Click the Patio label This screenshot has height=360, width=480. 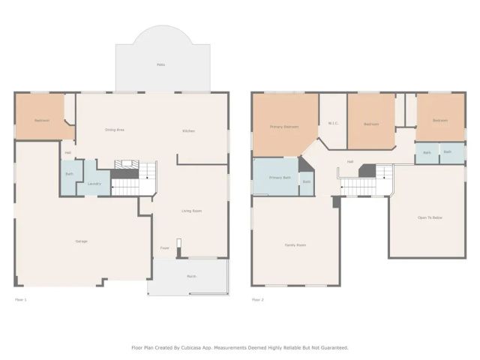[x=160, y=64]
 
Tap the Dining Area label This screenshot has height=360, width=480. [x=114, y=130]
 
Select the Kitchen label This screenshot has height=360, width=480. [x=188, y=131]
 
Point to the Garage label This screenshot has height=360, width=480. [x=81, y=241]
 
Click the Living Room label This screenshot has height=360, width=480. [x=191, y=211]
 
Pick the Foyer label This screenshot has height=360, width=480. [x=164, y=248]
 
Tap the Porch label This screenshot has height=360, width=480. [x=191, y=277]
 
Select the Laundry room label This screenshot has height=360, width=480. [x=94, y=183]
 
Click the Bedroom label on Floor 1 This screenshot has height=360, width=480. [x=41, y=120]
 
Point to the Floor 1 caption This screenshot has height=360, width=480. [x=21, y=300]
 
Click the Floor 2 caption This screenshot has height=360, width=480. [x=258, y=300]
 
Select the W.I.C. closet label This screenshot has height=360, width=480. [x=333, y=124]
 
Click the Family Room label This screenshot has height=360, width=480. [x=295, y=245]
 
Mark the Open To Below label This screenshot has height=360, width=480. [x=429, y=217]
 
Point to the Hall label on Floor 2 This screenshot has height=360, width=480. [x=349, y=161]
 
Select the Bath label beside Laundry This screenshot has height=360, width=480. [x=69, y=174]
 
